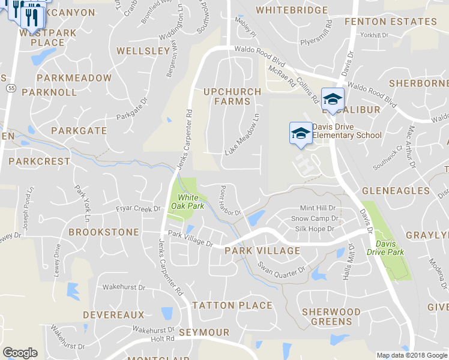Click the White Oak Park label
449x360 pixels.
click(187, 202)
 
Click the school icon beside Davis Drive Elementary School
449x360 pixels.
click(301, 133)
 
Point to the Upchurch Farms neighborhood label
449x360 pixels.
click(232, 97)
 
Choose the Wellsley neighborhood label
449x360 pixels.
click(143, 51)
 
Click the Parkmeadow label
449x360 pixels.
click(74, 78)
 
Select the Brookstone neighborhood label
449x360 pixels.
click(104, 232)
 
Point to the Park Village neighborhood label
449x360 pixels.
click(262, 250)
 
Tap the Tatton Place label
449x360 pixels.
click(232, 305)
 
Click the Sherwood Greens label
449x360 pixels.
click(331, 316)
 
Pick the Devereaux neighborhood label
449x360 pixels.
click(113, 314)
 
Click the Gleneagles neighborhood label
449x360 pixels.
click(396, 191)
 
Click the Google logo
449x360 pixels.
click(20, 352)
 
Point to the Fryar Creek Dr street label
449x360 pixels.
click(139, 209)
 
